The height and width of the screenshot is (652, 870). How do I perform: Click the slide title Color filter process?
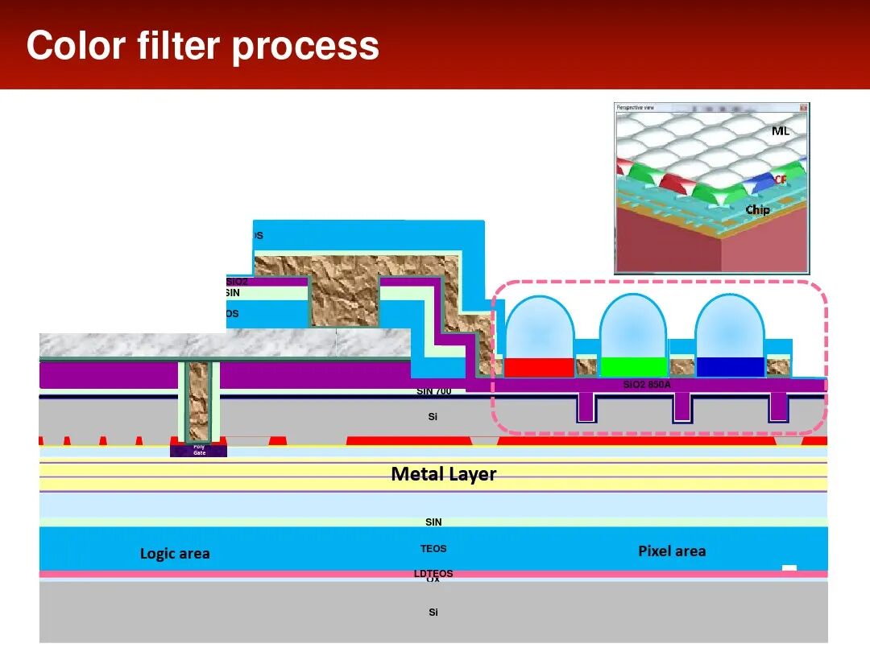202,46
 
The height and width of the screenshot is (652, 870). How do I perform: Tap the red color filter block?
539,367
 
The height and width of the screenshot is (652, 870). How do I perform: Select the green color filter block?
634,367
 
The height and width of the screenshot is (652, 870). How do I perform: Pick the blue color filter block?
729,367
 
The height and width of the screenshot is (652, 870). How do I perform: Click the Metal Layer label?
443,474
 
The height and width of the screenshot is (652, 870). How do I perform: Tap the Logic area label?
175,554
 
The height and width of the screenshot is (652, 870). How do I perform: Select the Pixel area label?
672,551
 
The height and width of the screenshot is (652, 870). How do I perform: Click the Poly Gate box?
198,450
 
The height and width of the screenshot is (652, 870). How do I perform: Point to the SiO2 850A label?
647,385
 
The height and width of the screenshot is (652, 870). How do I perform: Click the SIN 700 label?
433,391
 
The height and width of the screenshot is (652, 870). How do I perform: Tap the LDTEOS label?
433,573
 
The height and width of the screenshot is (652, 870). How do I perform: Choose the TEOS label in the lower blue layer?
433,549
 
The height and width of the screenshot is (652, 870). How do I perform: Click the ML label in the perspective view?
780,130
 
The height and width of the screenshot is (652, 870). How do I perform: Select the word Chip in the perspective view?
757,210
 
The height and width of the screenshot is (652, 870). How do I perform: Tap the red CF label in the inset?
780,180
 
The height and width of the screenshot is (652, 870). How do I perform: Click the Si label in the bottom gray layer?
433,613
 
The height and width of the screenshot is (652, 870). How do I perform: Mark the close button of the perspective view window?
803,107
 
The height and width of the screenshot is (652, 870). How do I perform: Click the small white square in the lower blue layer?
789,568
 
